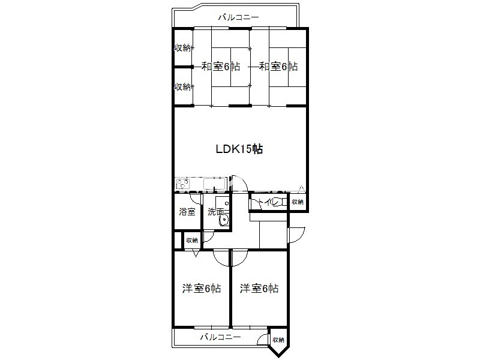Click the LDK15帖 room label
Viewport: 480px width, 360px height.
239,149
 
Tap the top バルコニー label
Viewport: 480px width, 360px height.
238,17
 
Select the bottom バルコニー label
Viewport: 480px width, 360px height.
220,337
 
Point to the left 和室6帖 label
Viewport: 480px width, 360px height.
220,66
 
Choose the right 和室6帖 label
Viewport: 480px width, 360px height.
278,66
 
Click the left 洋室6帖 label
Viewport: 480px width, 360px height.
202,289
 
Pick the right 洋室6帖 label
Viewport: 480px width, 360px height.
259,289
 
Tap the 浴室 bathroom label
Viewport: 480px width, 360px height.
187,212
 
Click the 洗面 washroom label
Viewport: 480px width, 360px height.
215,212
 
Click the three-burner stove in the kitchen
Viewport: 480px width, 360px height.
182,184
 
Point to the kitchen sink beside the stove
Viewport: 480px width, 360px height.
214,184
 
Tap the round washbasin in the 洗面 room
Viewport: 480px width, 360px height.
223,220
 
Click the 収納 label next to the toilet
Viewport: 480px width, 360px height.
298,202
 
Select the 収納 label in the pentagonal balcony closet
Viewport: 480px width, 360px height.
278,340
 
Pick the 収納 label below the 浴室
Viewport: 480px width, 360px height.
192,241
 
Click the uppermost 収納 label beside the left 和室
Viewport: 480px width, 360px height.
183,48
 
